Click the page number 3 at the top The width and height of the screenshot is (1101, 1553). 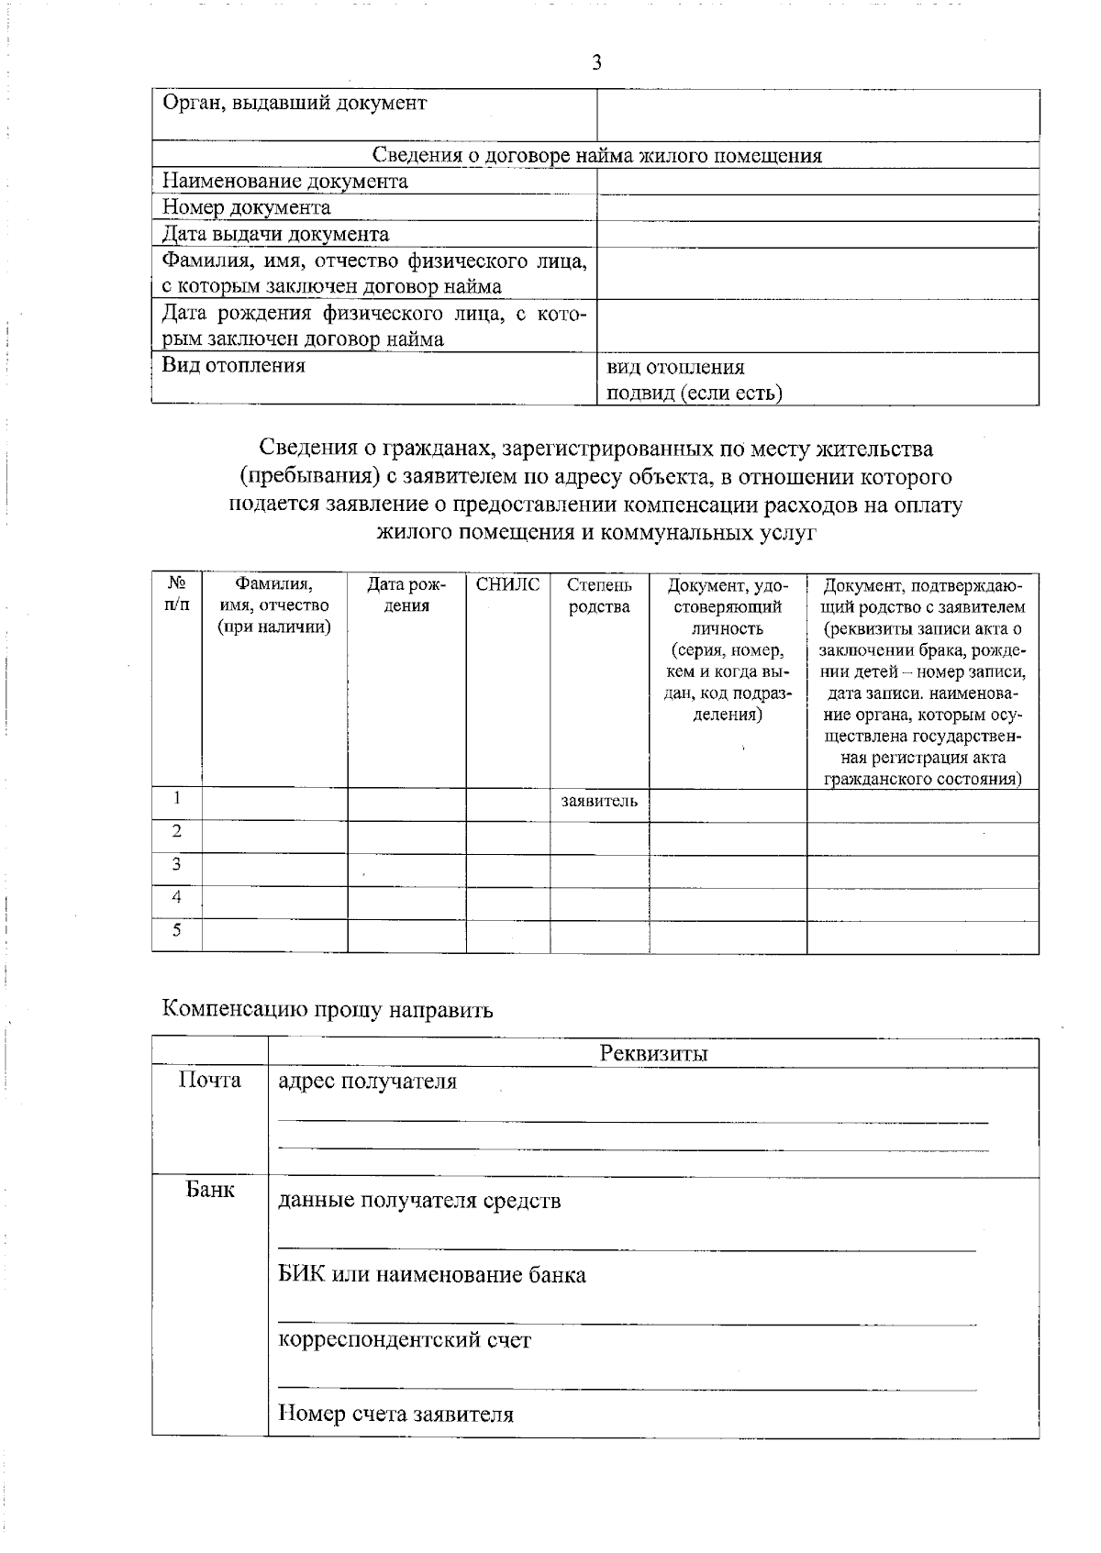coord(596,62)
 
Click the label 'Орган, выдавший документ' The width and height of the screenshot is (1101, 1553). coord(294,103)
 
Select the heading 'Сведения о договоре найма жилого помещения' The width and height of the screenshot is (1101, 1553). coord(596,155)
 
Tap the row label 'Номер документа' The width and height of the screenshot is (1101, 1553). coord(246,207)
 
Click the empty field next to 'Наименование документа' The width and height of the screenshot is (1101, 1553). coord(817,182)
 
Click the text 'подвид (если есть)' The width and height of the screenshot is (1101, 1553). coord(694,394)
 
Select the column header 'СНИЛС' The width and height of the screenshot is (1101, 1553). coord(507,585)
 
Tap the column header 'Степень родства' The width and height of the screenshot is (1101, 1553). coord(599,596)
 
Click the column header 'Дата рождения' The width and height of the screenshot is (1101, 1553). coord(406,596)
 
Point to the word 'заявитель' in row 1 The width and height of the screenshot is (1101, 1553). coord(599,802)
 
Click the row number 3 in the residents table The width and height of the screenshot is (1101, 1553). coord(176,864)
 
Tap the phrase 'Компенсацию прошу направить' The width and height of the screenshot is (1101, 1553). coord(328,1010)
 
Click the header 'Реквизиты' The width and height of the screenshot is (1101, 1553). coord(653,1053)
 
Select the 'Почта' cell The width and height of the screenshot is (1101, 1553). coord(210,1081)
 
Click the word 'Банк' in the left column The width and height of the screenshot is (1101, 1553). coord(210,1191)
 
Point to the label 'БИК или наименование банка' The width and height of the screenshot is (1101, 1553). coord(431,1275)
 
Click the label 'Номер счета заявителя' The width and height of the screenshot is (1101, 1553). coord(395,1414)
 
